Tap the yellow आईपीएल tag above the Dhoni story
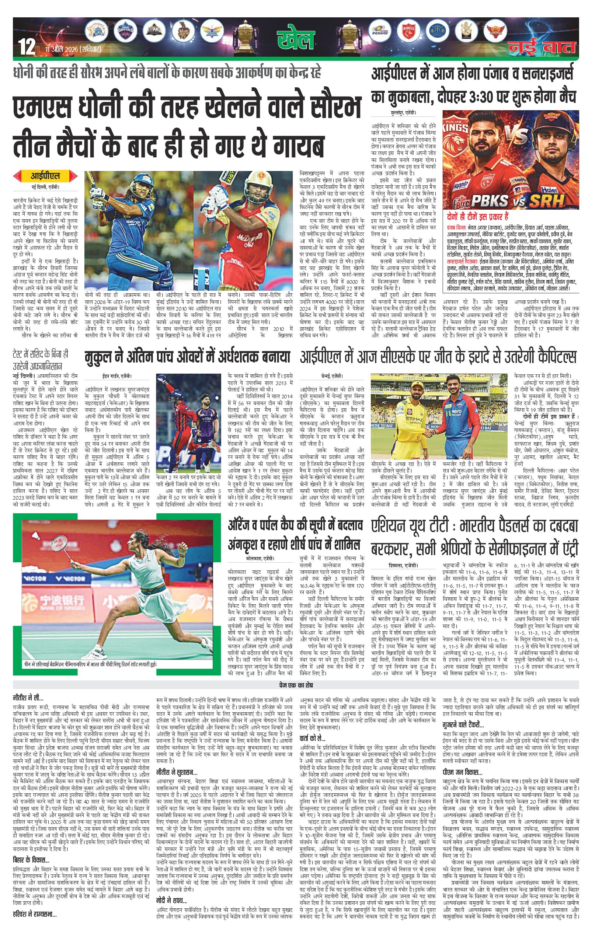click(x=45, y=176)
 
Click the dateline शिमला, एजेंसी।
click(x=397, y=565)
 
